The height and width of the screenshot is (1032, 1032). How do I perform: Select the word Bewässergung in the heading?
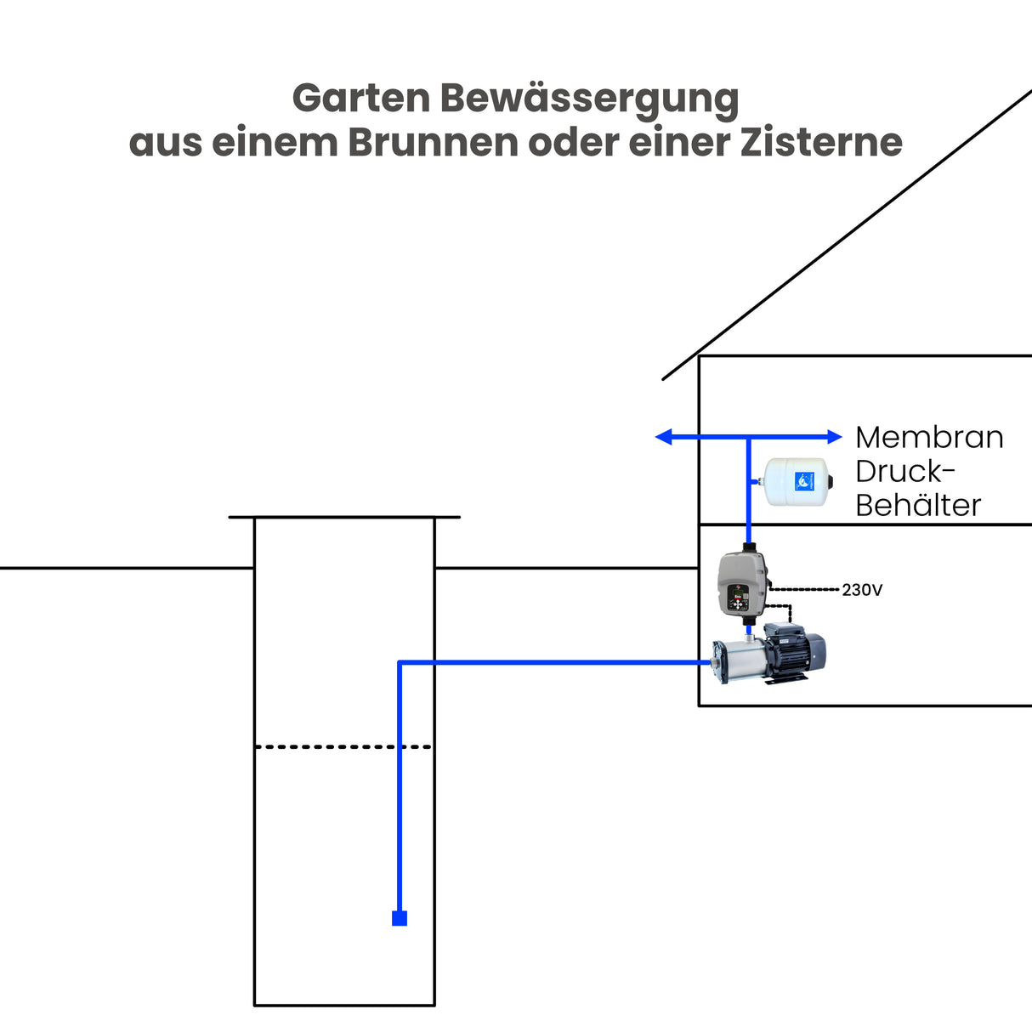tap(589, 100)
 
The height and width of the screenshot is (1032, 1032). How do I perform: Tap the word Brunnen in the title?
tap(433, 143)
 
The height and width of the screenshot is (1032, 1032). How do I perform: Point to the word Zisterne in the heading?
tap(820, 143)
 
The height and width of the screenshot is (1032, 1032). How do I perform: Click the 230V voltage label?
tap(862, 590)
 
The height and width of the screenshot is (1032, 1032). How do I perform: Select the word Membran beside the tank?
tap(929, 437)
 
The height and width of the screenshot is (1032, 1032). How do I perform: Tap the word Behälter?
tap(918, 505)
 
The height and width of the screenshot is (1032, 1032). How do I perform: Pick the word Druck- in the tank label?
tap(905, 471)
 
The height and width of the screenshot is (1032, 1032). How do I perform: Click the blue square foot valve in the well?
tap(400, 918)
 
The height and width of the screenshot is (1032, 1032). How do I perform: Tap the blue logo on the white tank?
tap(804, 482)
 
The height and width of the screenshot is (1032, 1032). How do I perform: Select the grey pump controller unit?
tap(742, 583)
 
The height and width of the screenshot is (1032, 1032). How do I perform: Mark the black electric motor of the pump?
tap(795, 650)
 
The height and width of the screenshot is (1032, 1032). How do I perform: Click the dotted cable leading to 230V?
tap(806, 588)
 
